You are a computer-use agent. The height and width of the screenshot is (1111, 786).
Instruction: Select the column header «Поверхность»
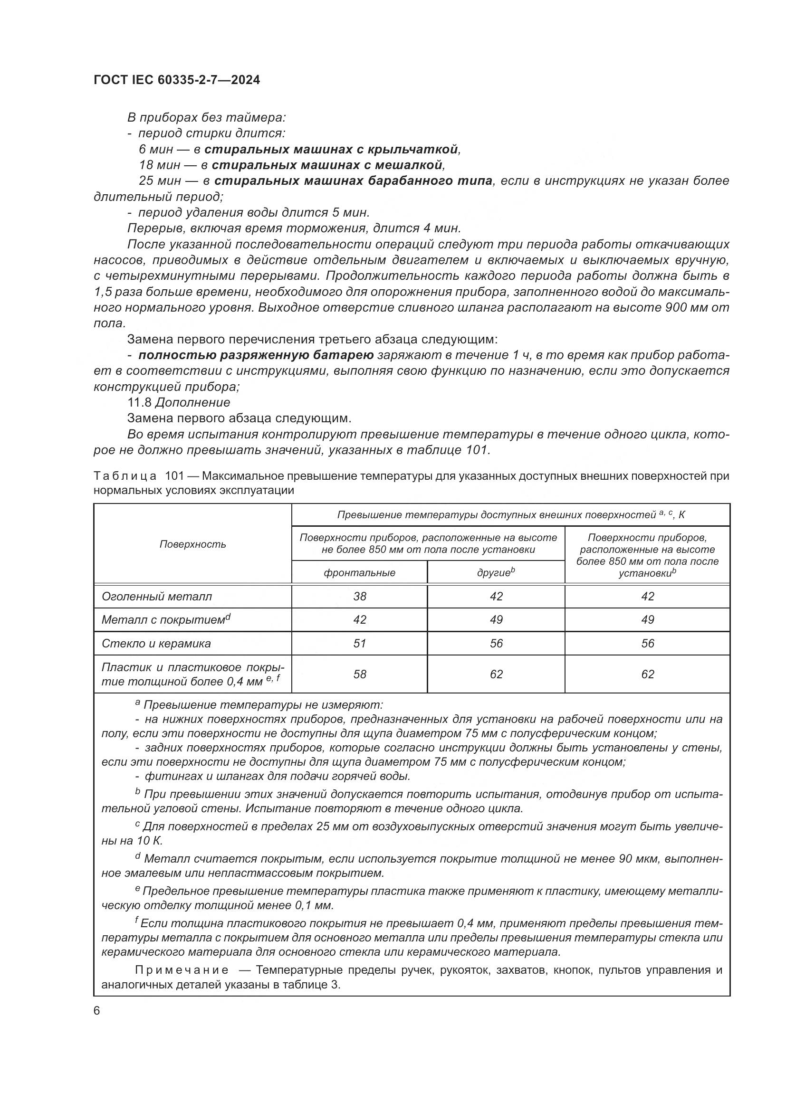(192, 544)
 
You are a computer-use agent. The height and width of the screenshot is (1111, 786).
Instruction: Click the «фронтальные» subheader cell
(359, 573)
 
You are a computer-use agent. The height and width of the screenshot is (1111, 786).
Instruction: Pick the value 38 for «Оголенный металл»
(360, 597)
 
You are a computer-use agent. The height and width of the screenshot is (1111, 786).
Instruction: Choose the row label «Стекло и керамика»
(156, 644)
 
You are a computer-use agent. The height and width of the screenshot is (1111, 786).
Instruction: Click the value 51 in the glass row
(360, 644)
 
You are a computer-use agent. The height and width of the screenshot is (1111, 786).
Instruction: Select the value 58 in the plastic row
(360, 674)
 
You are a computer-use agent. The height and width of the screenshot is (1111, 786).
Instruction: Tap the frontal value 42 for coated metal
(360, 620)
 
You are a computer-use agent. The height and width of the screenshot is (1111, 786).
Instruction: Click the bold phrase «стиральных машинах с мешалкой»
(326, 165)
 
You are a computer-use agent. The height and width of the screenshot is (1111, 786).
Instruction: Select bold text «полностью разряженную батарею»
(256, 355)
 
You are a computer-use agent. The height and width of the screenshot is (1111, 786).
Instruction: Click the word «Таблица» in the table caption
(125, 476)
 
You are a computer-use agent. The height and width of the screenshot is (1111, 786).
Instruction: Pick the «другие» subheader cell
(496, 573)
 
